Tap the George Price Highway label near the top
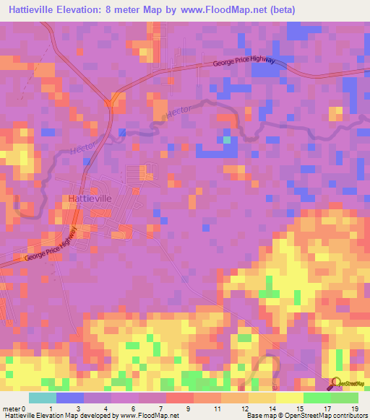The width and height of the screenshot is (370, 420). tap(244, 64)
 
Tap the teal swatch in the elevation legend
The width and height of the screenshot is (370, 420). tap(42, 398)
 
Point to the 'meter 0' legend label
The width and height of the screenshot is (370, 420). tap(14, 408)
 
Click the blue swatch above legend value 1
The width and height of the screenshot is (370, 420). tap(70, 398)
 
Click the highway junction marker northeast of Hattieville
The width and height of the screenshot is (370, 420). tap(110, 102)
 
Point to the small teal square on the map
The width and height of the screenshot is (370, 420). tap(227, 140)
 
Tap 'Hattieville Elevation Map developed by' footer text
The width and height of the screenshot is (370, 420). tap(51, 416)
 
